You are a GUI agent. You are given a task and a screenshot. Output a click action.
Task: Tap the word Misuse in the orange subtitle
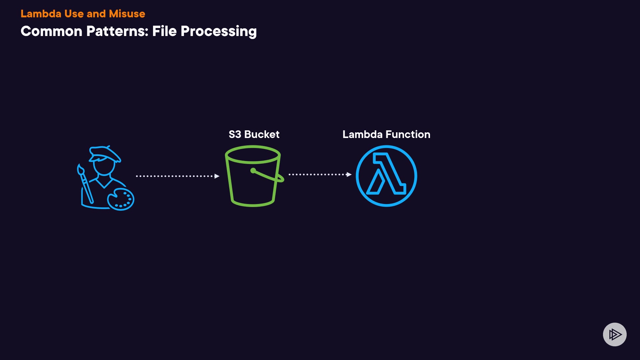[127, 14]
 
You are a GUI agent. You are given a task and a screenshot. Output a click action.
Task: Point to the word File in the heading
[164, 31]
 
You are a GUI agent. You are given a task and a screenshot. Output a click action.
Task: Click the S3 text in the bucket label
[235, 134]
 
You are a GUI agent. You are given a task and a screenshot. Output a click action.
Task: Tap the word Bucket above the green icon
[262, 134]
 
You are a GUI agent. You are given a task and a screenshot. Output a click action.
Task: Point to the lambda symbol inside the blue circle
[386, 174]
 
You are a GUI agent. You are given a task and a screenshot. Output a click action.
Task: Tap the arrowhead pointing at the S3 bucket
[217, 176]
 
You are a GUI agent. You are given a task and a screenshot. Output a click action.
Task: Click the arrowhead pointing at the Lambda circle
[349, 174]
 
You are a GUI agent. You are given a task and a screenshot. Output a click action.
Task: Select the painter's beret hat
[105, 153]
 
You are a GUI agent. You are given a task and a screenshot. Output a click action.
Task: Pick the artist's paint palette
[121, 199]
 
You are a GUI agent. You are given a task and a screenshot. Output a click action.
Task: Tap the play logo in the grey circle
[615, 334]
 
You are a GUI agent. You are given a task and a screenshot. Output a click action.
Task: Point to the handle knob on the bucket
[253, 171]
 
